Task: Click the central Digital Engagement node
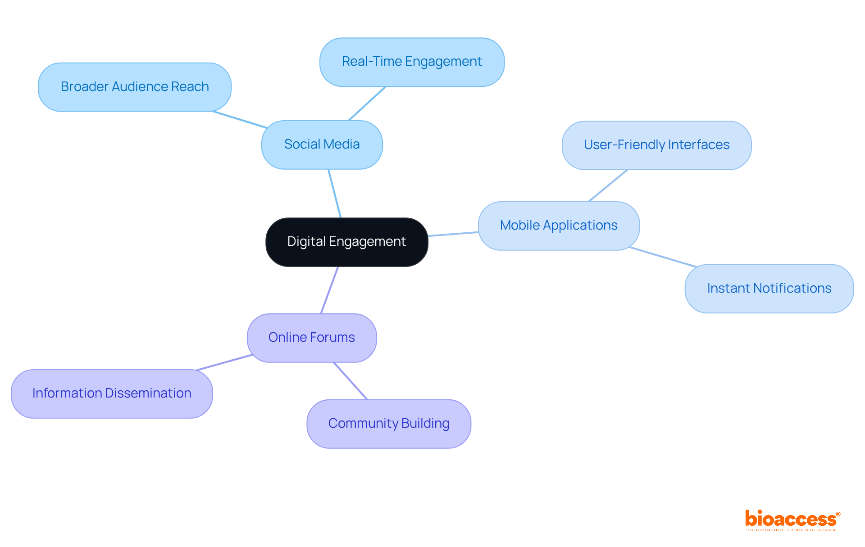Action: click(x=346, y=242)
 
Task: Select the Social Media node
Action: click(x=322, y=145)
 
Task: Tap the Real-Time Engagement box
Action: click(x=412, y=62)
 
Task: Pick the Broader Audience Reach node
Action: click(x=134, y=87)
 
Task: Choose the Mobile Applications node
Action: click(x=559, y=226)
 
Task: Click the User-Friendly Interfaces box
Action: click(x=656, y=145)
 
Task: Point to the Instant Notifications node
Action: click(x=769, y=289)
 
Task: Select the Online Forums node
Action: click(x=311, y=338)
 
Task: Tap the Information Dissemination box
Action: click(x=112, y=393)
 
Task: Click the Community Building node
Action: click(x=388, y=424)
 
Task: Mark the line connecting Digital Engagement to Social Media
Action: click(x=335, y=194)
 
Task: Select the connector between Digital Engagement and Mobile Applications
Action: click(x=453, y=234)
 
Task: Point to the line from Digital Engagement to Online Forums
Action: click(x=329, y=290)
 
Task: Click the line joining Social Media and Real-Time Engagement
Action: click(x=367, y=104)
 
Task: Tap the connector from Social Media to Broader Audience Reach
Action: click(x=240, y=120)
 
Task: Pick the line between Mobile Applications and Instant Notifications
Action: click(x=662, y=257)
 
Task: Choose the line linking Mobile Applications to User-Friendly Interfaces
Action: click(x=608, y=186)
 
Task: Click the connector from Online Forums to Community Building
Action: click(x=351, y=381)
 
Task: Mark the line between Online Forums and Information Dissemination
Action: click(x=224, y=362)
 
